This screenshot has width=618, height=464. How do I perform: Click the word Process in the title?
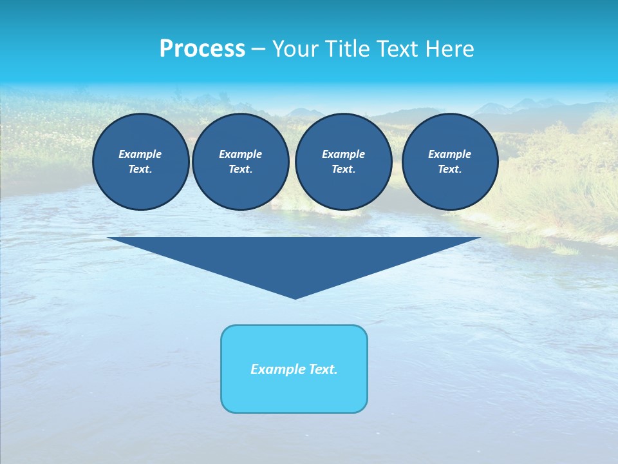tap(202, 49)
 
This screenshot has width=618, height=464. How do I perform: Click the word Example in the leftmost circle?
tap(140, 154)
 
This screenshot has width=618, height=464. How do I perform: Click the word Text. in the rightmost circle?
tap(450, 169)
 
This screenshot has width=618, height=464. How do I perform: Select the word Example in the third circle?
tap(343, 154)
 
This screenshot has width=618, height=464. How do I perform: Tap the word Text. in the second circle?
tap(241, 169)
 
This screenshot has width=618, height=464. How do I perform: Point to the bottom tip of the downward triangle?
tap(295, 297)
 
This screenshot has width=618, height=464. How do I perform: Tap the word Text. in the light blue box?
tap(323, 369)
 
